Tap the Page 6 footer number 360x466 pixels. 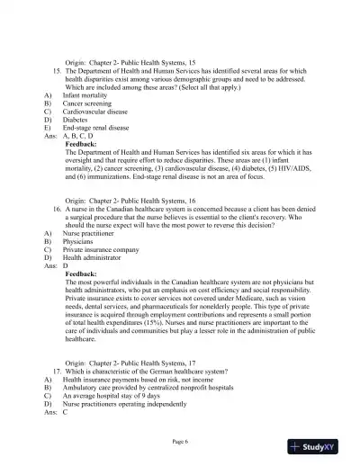(179, 441)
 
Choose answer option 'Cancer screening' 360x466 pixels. (85, 103)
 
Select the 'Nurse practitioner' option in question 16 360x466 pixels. (90, 232)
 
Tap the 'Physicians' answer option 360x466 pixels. (78, 241)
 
